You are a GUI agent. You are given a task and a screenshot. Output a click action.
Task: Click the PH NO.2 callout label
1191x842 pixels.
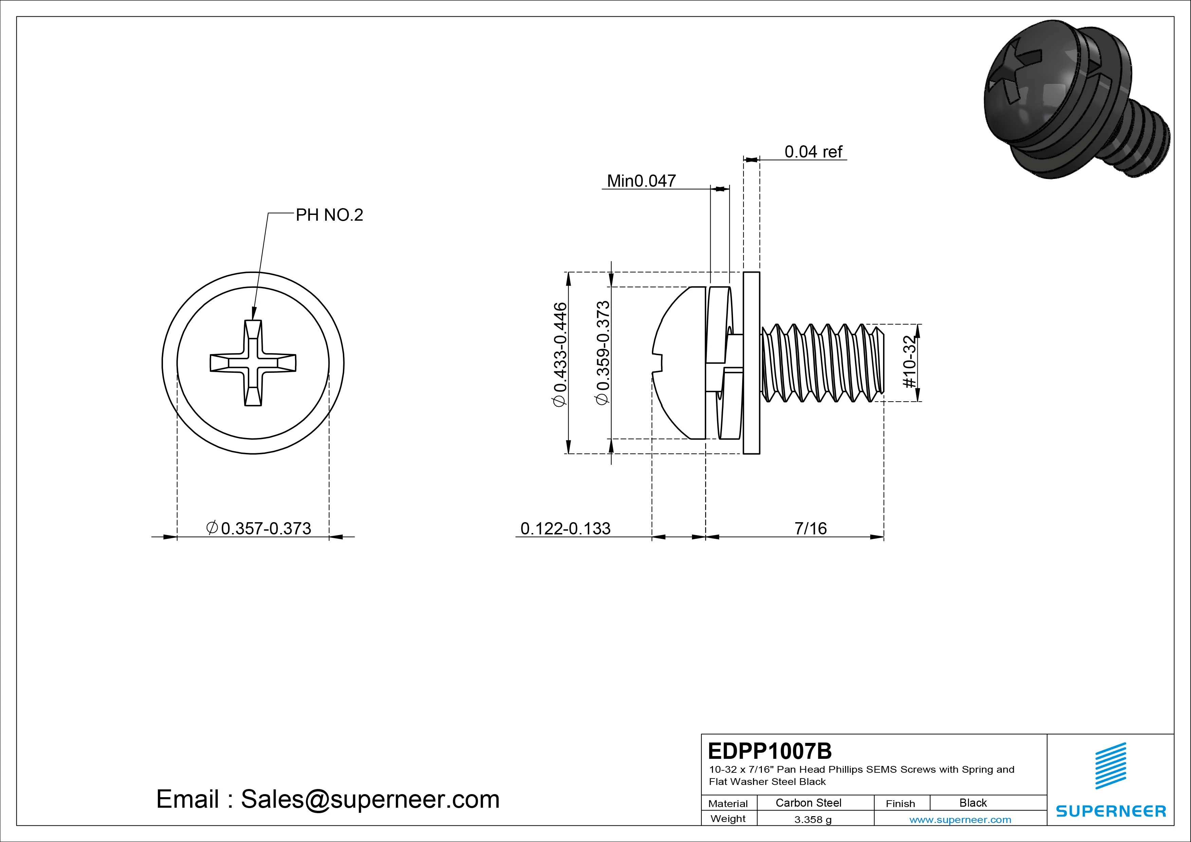(x=329, y=215)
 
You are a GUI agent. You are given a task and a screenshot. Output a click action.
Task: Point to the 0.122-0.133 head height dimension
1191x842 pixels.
(x=565, y=529)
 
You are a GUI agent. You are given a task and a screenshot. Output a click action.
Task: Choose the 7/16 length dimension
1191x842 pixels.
(x=810, y=529)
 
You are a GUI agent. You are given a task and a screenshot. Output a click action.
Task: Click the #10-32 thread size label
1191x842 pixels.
(x=910, y=362)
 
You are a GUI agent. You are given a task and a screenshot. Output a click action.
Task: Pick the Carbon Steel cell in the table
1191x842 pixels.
(x=808, y=803)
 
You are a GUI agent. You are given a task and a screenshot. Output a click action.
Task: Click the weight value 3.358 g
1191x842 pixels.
(x=813, y=820)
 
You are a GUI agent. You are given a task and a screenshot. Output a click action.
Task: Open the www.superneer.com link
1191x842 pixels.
(x=960, y=820)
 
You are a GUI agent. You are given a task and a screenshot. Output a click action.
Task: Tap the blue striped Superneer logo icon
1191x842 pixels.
(x=1110, y=766)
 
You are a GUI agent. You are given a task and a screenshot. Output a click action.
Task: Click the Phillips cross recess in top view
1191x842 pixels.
(x=253, y=363)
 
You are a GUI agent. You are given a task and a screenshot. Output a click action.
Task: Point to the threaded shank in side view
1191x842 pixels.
(x=822, y=363)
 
